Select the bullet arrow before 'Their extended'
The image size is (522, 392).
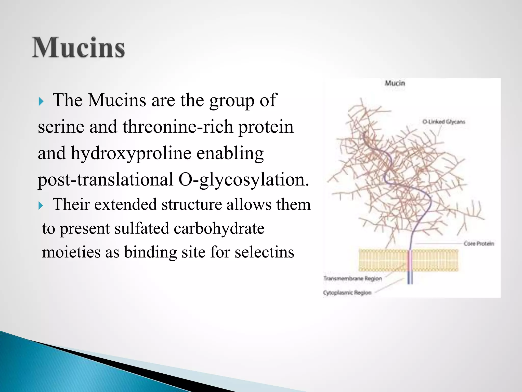pyautogui.click(x=41, y=206)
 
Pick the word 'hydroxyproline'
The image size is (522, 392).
pyautogui.click(x=131, y=154)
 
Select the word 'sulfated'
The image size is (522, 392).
pyautogui.click(x=142, y=228)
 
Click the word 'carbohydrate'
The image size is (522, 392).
pyautogui.click(x=219, y=228)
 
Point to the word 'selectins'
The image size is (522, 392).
pyautogui.click(x=264, y=252)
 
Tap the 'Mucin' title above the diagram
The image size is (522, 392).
pyautogui.click(x=395, y=83)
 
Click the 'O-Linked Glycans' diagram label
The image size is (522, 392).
pyautogui.click(x=443, y=122)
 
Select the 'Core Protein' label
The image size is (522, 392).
pyautogui.click(x=479, y=244)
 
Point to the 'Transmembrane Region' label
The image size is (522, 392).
pyautogui.click(x=353, y=278)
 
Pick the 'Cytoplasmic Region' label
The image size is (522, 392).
pyautogui.click(x=347, y=292)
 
